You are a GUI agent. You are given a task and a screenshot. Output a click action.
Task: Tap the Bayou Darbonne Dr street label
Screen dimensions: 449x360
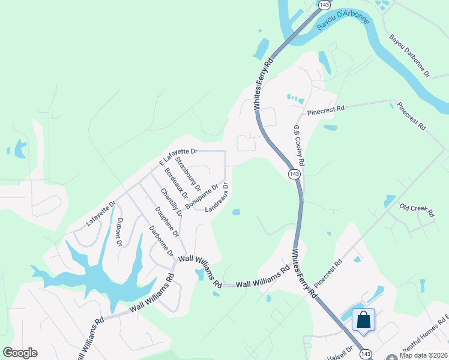point(409,56)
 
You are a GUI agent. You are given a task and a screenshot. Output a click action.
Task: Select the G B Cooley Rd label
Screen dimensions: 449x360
point(298,146)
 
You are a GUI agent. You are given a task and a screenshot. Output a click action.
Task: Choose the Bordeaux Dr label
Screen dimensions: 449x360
point(176,184)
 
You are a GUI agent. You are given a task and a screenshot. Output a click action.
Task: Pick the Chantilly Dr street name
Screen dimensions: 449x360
point(171,203)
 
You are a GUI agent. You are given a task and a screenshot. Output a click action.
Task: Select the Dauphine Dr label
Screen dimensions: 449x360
point(166,221)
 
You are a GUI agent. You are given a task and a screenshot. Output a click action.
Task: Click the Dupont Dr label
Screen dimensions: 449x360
point(119,232)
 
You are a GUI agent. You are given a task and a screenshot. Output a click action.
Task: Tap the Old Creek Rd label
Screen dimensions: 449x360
point(417,209)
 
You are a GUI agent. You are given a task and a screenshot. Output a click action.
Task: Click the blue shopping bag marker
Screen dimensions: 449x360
point(364,319)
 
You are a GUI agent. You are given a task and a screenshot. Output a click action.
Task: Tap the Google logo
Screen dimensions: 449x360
point(20,353)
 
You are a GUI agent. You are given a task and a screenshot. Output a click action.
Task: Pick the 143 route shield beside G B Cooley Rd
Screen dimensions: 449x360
point(294,174)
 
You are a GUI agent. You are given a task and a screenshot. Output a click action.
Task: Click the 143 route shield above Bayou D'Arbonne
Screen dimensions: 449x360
point(324,5)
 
